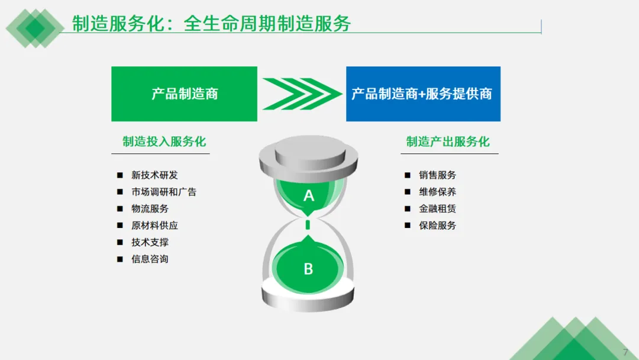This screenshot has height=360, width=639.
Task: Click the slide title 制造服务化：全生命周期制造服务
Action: coord(211,24)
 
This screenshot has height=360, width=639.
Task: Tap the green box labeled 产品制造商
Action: coord(185,94)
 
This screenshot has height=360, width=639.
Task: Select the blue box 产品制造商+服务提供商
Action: coord(422,94)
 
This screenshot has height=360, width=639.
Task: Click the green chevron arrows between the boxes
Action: coord(302,94)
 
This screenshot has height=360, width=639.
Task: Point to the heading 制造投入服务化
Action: coord(164,142)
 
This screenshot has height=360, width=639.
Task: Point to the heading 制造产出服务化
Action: coord(448,142)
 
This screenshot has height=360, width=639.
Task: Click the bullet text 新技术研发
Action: coord(154,175)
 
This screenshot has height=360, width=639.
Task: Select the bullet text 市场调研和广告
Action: coord(164,192)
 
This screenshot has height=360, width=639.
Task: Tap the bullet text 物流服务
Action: coord(150,208)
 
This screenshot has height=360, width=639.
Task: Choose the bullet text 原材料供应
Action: coord(154,226)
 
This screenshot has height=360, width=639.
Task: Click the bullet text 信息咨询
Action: coord(150,259)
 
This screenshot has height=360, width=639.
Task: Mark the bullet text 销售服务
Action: coord(437,175)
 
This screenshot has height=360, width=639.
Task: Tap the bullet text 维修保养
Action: coord(437,192)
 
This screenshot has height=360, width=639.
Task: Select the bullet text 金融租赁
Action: coord(437,208)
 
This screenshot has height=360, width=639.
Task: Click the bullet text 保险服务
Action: coord(437,226)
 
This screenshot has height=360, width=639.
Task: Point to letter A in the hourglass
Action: coord(308,195)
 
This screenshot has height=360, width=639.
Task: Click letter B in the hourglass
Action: coord(308,269)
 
